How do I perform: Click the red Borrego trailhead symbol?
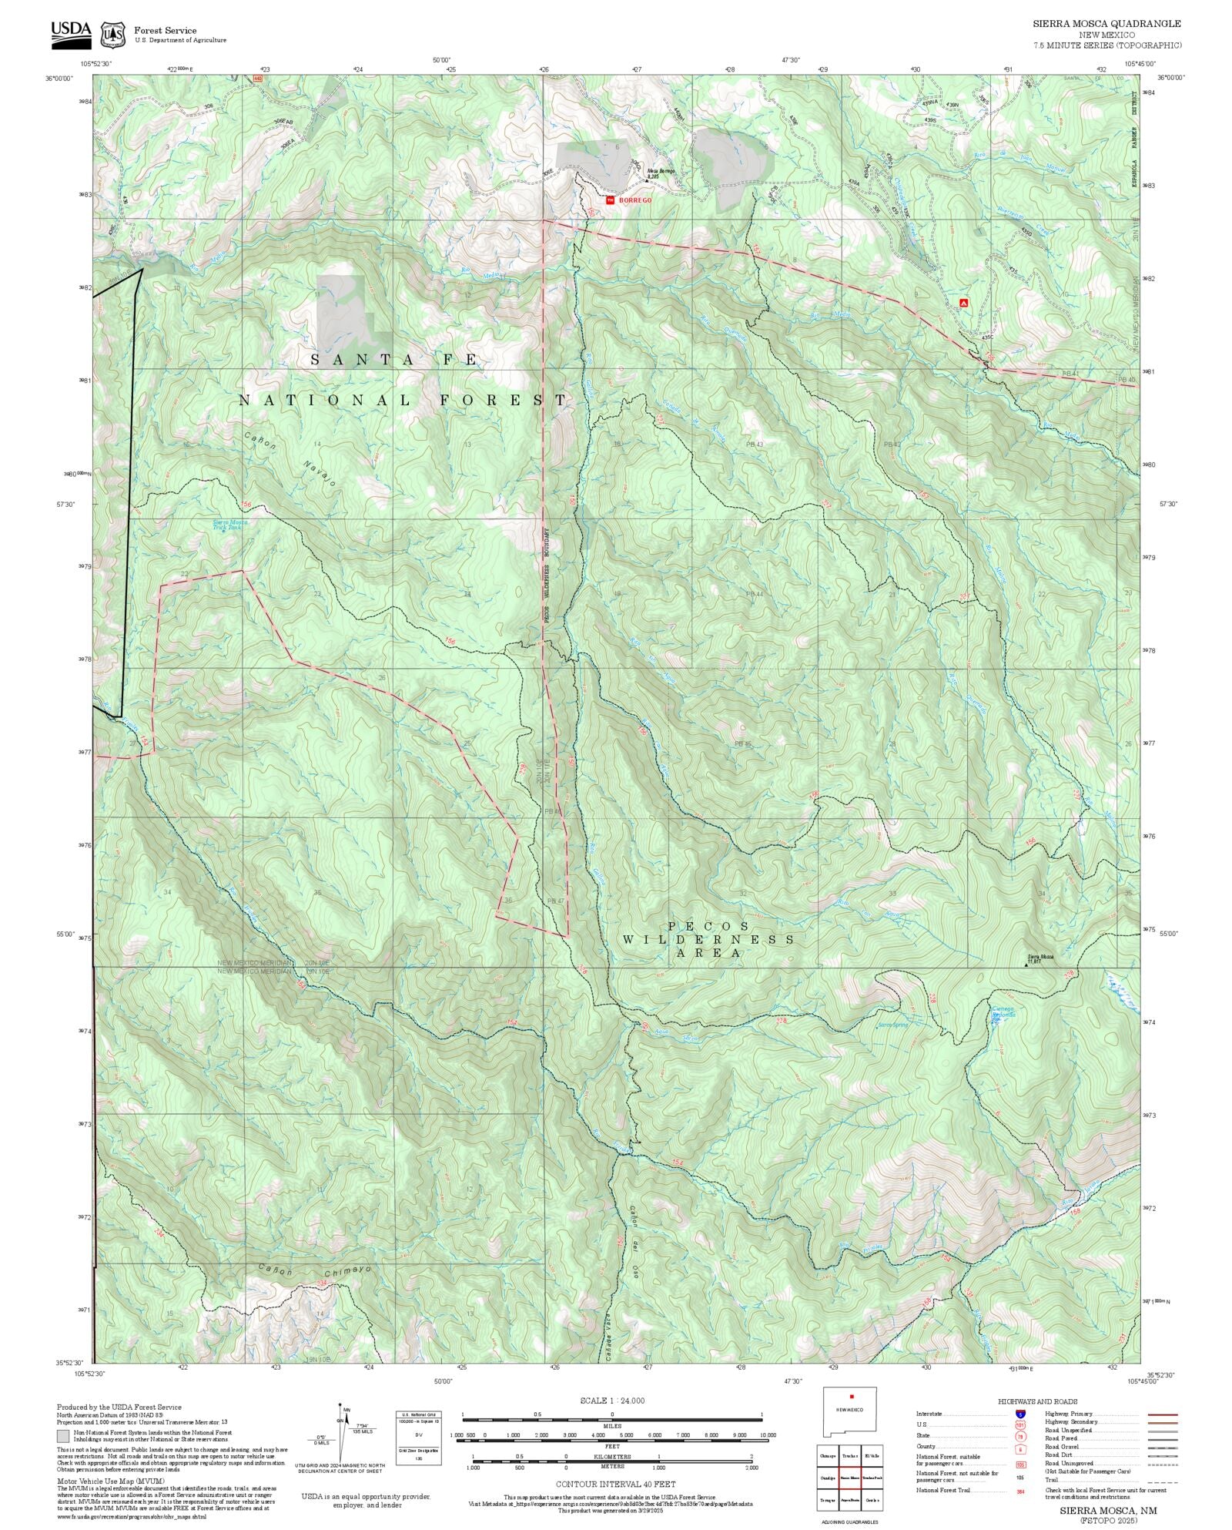[610, 200]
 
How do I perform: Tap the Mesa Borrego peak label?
[660, 171]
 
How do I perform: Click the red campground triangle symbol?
[963, 303]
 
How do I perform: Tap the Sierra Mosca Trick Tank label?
[226, 525]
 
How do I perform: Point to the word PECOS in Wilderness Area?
[708, 926]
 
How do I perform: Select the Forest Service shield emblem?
[112, 35]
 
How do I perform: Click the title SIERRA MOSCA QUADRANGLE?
[1106, 24]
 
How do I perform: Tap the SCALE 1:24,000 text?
[612, 1401]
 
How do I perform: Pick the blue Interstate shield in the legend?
[1020, 1414]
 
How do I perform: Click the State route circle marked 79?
[1020, 1436]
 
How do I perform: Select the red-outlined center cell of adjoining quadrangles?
[849, 1478]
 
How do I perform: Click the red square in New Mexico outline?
[852, 1396]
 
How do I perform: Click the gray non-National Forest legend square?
[62, 1436]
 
